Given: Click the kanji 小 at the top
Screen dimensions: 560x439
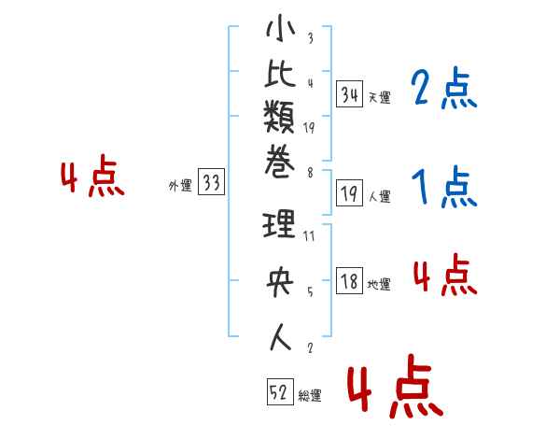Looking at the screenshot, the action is click(281, 28).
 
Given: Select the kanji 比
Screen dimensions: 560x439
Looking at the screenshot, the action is click(280, 73).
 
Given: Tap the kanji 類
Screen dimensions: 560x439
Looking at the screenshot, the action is click(279, 117).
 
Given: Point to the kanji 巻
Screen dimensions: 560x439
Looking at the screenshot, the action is click(280, 162).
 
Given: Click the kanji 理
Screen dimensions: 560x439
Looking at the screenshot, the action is click(279, 224).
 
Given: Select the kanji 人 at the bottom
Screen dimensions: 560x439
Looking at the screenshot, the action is click(280, 337).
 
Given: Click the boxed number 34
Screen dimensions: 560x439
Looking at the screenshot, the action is click(350, 94).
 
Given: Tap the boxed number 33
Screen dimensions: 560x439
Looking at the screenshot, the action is click(211, 181).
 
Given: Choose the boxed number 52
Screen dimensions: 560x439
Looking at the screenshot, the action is click(280, 391).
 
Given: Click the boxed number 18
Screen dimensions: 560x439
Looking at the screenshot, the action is click(350, 280).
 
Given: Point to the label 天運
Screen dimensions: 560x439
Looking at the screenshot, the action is click(380, 97).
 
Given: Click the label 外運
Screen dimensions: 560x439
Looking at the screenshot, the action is click(180, 186).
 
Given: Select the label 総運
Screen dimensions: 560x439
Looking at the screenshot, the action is click(310, 395).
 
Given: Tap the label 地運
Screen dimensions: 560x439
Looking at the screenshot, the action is click(379, 285).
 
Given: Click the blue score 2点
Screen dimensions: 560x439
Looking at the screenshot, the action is click(444, 88).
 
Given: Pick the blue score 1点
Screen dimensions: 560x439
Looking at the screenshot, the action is click(444, 186).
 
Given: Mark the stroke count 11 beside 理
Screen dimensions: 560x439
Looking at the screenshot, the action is click(309, 236).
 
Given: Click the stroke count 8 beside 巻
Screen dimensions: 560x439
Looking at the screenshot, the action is click(310, 173).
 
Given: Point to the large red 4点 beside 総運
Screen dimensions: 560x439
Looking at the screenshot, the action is click(396, 386).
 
